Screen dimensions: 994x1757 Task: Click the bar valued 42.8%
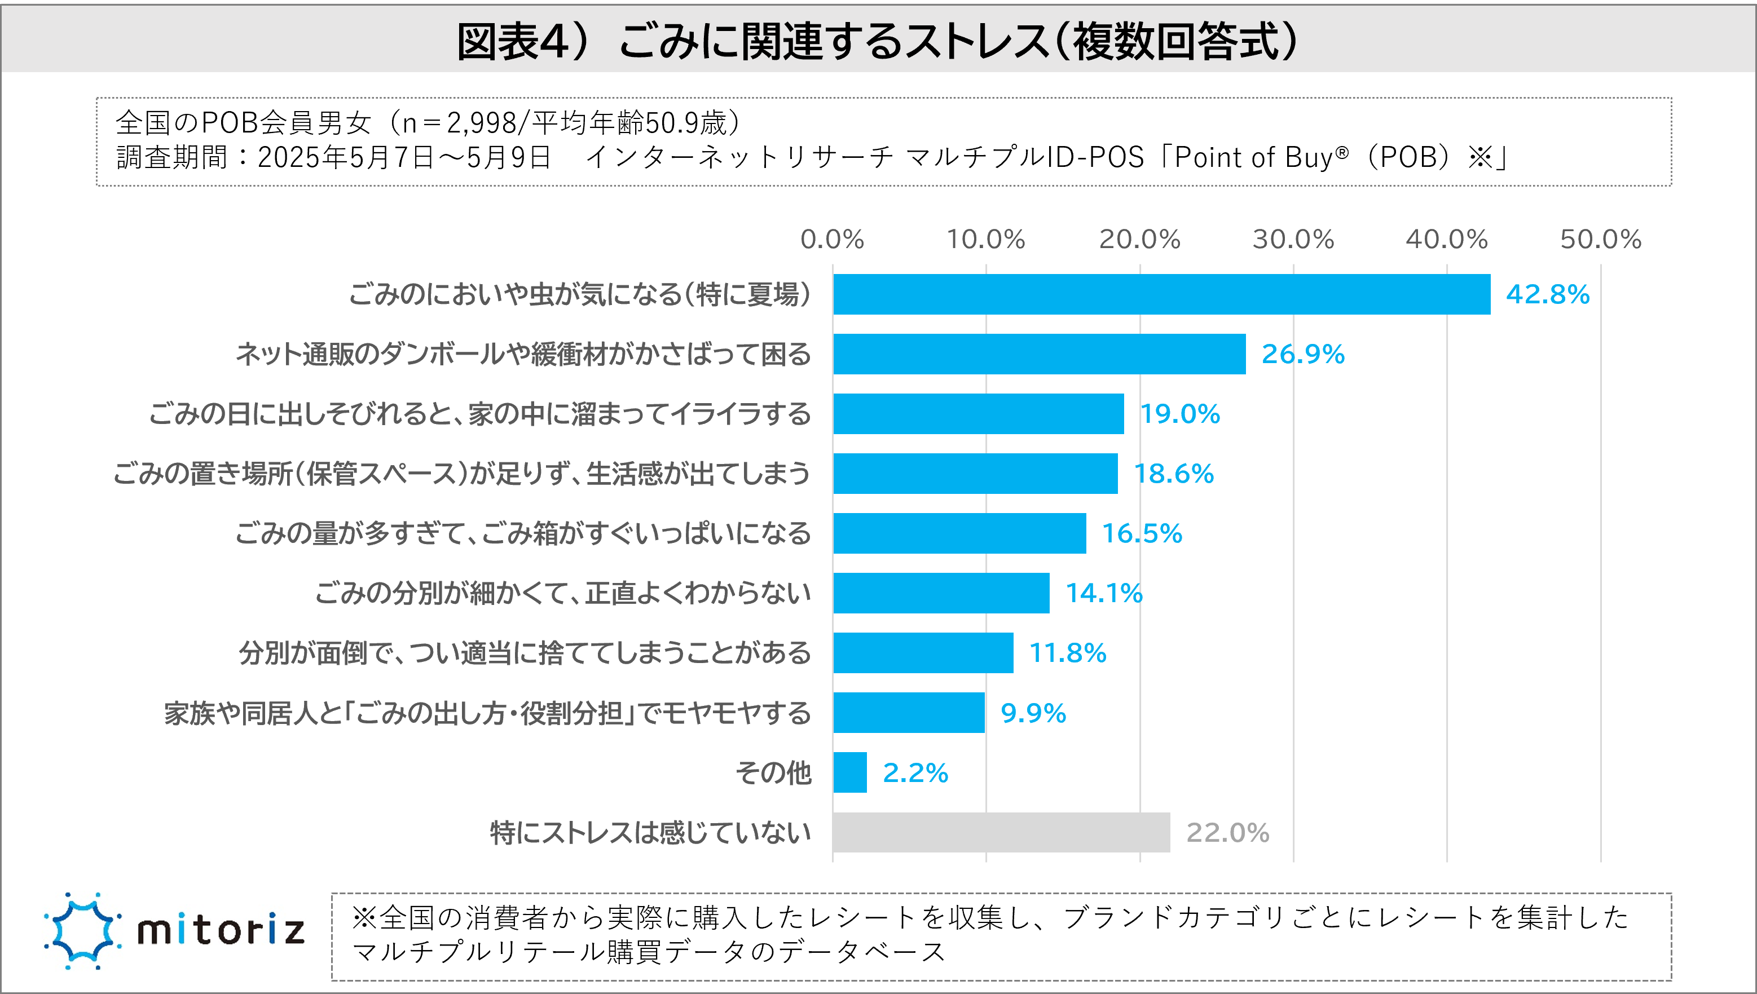coord(1161,294)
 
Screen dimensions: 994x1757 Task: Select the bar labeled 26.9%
coord(1038,354)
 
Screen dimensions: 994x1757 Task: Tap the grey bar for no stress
coord(1001,832)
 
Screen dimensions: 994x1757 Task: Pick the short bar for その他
coord(849,772)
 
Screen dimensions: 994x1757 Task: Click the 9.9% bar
coord(908,713)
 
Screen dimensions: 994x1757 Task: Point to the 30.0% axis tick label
coord(1293,240)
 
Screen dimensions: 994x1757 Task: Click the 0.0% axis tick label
coord(832,240)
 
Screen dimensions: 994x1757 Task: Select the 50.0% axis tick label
coord(1600,240)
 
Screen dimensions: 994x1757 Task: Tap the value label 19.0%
coord(1179,414)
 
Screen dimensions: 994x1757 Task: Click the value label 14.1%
coord(1103,593)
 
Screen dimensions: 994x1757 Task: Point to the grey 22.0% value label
coord(1227,833)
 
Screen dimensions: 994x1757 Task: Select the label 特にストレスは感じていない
coord(650,833)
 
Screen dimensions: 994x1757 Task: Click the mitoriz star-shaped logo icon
coord(82,930)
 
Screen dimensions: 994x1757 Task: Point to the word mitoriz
coord(221,930)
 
